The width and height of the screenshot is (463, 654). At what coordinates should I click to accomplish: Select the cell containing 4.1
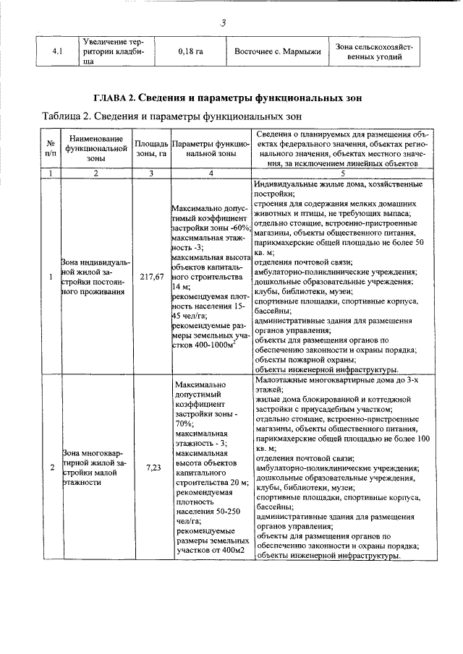pyautogui.click(x=59, y=52)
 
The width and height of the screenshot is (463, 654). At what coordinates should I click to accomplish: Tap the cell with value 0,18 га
pyautogui.click(x=190, y=52)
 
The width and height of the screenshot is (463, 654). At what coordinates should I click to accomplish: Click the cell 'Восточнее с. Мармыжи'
pyautogui.click(x=276, y=52)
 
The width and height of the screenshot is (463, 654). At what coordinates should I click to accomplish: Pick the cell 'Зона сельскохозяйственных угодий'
pyautogui.click(x=375, y=51)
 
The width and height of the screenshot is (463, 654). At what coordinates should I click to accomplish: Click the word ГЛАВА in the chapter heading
pyautogui.click(x=114, y=98)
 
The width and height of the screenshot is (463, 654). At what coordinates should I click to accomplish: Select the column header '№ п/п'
pyautogui.click(x=50, y=148)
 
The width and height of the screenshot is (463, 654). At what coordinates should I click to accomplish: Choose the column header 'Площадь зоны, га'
pyautogui.click(x=151, y=148)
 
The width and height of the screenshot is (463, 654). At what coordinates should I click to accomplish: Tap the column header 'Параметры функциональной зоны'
pyautogui.click(x=211, y=148)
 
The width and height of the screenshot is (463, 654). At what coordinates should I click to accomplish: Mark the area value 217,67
pyautogui.click(x=152, y=277)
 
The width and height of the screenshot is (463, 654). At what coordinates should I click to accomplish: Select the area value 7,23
pyautogui.click(x=152, y=468)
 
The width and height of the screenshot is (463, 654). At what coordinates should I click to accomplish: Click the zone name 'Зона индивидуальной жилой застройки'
pyautogui.click(x=91, y=277)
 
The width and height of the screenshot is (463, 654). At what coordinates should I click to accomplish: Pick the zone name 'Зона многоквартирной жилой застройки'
pyautogui.click(x=91, y=468)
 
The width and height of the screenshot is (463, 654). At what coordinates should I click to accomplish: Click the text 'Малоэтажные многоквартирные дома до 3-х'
pyautogui.click(x=335, y=379)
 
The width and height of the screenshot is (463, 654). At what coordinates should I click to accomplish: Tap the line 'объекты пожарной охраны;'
pyautogui.click(x=303, y=358)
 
